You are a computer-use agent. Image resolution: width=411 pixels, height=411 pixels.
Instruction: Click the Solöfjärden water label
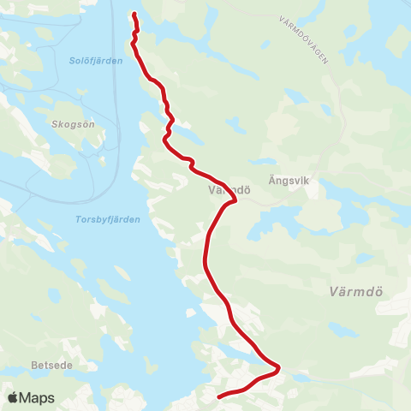coord(89,60)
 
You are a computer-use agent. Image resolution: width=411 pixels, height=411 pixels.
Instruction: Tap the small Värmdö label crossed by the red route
coord(228,191)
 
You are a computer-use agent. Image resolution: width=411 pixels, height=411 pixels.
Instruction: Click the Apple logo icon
coord(13,397)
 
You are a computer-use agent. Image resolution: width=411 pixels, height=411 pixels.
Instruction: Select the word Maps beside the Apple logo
coord(37,397)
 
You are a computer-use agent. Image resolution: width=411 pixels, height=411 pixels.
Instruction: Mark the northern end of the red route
coord(134,13)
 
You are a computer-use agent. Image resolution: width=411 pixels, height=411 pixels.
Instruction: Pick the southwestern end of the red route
coord(219,396)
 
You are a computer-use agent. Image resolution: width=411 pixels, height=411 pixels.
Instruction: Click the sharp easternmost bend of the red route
coord(279,368)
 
